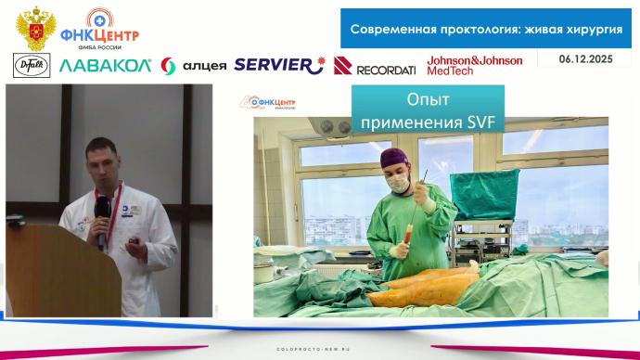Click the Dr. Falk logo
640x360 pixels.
(32, 65)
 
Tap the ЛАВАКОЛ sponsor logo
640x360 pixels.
(104, 66)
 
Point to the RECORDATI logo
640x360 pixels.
(376, 66)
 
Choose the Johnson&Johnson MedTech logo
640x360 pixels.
(474, 63)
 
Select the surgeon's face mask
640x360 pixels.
(400, 183)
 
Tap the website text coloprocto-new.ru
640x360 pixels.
(319, 350)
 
